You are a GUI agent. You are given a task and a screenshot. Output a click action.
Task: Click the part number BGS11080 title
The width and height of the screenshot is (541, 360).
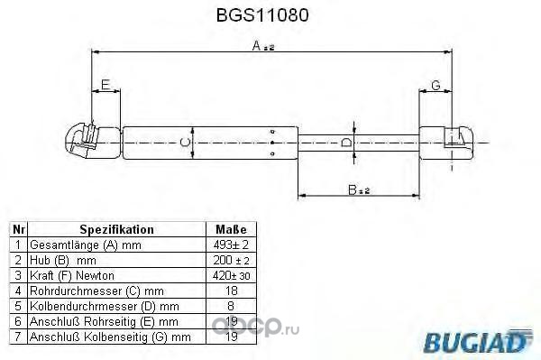click(262, 15)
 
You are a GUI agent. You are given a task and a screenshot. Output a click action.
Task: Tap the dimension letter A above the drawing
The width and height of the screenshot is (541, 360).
click(256, 45)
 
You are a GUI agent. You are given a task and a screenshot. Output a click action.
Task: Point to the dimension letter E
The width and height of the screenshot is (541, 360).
click(105, 85)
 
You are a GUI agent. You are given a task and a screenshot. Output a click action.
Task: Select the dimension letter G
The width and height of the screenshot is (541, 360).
click(436, 85)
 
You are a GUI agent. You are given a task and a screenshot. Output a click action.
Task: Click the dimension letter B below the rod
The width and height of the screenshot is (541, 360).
click(352, 189)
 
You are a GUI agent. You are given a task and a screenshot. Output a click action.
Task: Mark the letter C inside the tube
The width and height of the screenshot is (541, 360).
click(185, 143)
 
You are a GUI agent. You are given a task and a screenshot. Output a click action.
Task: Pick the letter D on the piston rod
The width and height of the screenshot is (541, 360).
click(345, 143)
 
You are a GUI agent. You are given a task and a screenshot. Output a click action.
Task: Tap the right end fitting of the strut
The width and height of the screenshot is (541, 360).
click(445, 143)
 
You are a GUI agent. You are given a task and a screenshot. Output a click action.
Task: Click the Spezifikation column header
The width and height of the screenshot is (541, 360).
click(116, 229)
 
